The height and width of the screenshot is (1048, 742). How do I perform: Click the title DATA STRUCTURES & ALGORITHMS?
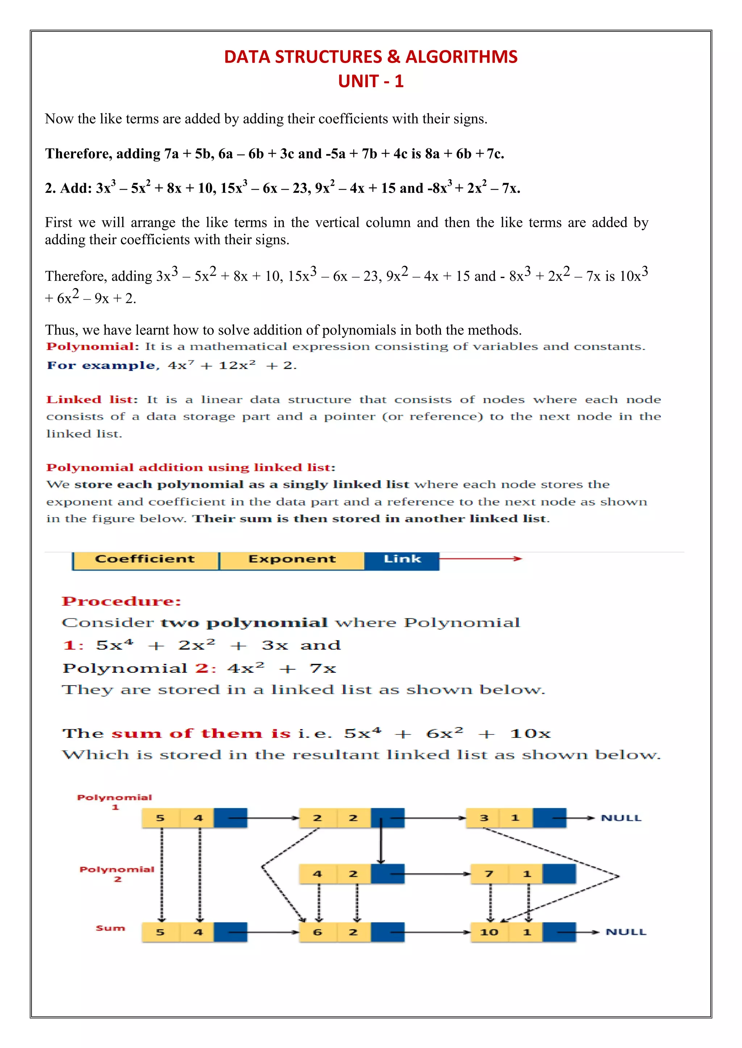click(x=371, y=56)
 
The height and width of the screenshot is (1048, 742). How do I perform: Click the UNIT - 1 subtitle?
click(x=371, y=81)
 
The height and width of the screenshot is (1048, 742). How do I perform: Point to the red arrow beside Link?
click(x=480, y=559)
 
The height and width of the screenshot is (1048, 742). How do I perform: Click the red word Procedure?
click(x=121, y=601)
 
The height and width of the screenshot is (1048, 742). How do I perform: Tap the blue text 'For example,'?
click(x=103, y=365)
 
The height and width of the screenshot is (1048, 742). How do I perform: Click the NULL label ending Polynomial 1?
click(x=621, y=818)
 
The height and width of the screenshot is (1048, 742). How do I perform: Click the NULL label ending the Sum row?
click(x=625, y=932)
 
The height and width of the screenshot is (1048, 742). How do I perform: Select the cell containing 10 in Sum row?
click(x=489, y=932)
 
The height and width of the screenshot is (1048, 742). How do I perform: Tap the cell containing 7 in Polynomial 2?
click(x=489, y=874)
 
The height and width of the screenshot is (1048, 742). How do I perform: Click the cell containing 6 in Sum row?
click(x=317, y=932)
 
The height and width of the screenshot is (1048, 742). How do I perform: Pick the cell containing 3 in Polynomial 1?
click(x=484, y=818)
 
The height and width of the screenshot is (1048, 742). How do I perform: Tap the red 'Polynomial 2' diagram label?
click(x=117, y=874)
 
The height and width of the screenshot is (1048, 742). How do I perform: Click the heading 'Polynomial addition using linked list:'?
click(x=191, y=468)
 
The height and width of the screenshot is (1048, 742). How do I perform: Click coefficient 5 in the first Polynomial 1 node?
click(x=161, y=818)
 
